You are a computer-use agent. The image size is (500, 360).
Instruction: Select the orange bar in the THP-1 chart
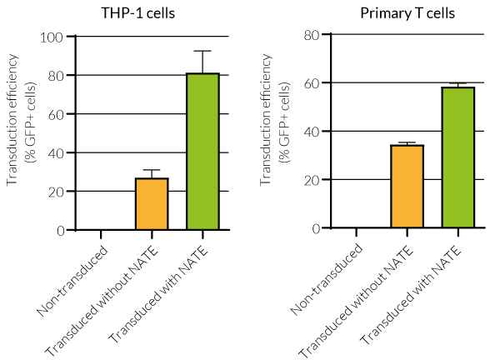(x=152, y=204)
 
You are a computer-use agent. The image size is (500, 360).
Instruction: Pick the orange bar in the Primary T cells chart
(x=407, y=186)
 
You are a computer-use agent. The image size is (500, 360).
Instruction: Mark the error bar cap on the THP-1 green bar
(x=202, y=51)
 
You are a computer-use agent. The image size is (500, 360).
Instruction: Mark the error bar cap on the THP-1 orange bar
(x=152, y=170)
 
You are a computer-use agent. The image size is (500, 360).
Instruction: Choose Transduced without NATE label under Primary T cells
(x=362, y=298)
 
